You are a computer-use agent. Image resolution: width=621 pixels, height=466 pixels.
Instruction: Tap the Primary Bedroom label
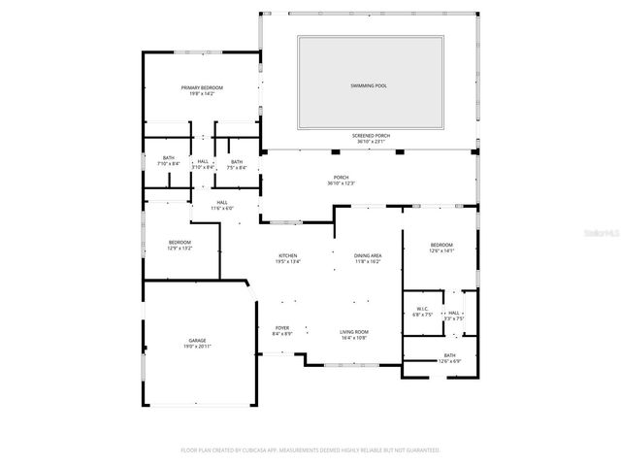point(203,88)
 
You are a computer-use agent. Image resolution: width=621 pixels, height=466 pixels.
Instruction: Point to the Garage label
point(197,341)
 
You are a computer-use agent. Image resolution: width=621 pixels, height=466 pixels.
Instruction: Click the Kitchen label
point(288,255)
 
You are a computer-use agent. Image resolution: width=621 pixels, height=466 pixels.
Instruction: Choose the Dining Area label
point(368,255)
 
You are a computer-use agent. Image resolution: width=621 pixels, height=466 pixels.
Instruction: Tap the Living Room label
point(354,333)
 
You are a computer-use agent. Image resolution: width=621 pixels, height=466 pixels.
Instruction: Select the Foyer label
point(282,328)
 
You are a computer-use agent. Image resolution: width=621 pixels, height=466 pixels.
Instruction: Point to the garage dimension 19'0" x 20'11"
point(197,347)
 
